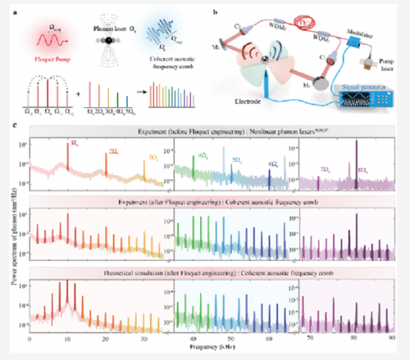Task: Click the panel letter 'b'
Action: tap(215, 12)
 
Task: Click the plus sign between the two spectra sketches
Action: tap(78, 91)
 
